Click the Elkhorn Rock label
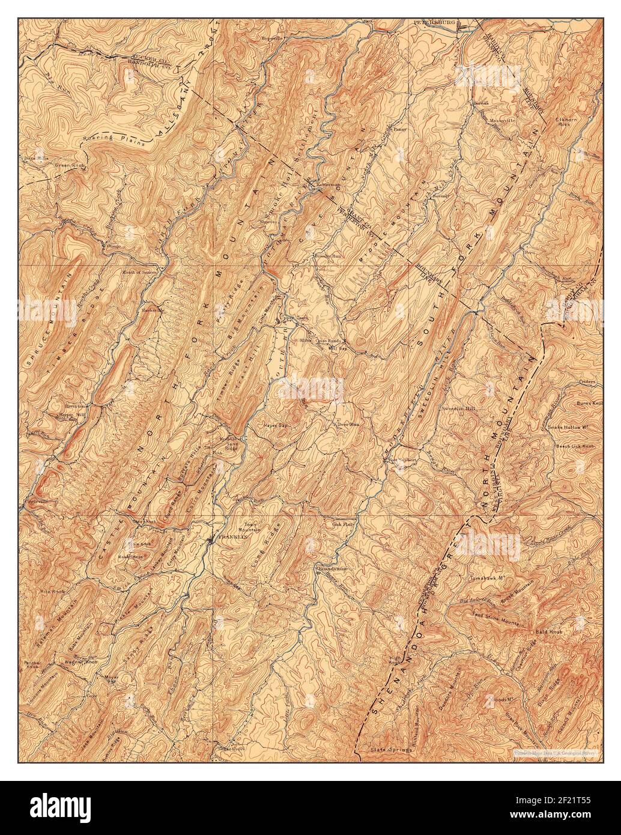point(564,121)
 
